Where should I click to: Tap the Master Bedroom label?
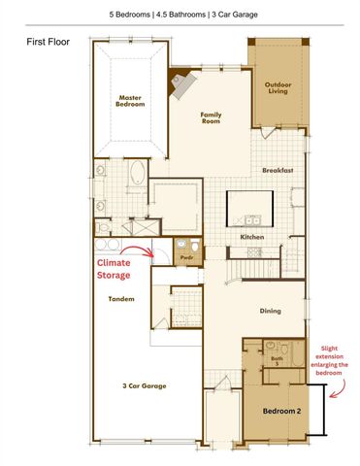130,101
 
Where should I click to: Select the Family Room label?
211,118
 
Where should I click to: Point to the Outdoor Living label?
278,89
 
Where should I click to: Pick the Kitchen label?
252,237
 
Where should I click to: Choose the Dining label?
271,311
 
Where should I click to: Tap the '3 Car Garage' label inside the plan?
144,385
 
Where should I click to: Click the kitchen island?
250,207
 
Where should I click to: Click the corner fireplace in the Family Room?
181,85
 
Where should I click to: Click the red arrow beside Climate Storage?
146,252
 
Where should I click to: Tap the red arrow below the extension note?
337,394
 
